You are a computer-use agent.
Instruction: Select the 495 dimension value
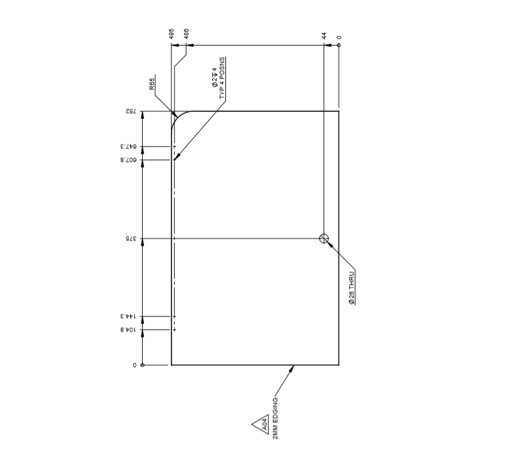(x=172, y=34)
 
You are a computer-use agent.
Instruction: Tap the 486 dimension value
(x=186, y=34)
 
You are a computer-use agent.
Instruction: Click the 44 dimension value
(x=324, y=36)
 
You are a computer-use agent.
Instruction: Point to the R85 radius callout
(x=152, y=84)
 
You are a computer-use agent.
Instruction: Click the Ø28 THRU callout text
(x=352, y=287)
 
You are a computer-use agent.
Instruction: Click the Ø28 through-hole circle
(x=324, y=238)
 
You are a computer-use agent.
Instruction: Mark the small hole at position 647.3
(x=175, y=147)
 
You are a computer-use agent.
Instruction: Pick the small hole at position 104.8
(x=175, y=330)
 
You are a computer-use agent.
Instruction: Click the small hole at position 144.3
(x=175, y=316)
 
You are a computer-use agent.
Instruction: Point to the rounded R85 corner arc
(x=177, y=118)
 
